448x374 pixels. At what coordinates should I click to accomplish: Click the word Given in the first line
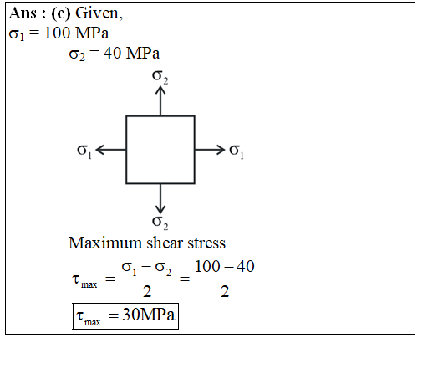coord(99,13)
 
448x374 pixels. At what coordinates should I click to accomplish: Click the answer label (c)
coord(60,13)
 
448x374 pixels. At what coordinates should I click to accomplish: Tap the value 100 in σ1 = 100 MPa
coord(57,33)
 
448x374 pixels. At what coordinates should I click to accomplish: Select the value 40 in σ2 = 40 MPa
coord(112,54)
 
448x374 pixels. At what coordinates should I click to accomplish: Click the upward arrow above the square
coord(160,101)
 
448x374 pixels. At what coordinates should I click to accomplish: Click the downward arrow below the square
coord(160,198)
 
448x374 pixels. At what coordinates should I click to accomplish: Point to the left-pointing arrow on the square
coord(111,150)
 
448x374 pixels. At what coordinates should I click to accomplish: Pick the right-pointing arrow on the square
coord(210,150)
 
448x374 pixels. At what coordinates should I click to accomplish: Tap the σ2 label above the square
coord(160,77)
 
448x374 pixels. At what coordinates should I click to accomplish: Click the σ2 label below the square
coord(160,223)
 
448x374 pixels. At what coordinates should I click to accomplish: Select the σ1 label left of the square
coord(84,151)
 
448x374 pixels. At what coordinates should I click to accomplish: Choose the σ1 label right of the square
coord(237,151)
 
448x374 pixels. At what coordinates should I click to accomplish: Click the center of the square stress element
coord(160,150)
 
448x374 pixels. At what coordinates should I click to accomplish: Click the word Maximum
coord(105,243)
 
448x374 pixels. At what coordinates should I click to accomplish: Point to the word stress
coord(206,243)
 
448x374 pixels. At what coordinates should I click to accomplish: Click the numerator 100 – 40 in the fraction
coord(225,267)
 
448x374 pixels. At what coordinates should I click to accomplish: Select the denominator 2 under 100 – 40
coord(225,292)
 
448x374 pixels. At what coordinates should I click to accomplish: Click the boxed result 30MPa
coord(148,315)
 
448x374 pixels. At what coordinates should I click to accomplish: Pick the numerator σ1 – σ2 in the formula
coord(146,269)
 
